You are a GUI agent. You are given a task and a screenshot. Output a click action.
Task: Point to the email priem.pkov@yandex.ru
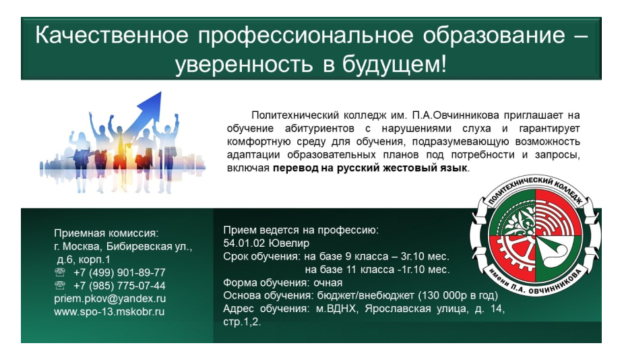tap(110, 298)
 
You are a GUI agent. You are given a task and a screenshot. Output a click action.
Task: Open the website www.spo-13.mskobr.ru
tap(109, 311)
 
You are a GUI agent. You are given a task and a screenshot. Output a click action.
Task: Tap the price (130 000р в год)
tap(458, 295)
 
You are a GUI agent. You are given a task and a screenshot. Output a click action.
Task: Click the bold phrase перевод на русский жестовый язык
tap(370, 168)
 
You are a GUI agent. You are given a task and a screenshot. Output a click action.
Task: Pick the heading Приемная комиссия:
tap(106, 233)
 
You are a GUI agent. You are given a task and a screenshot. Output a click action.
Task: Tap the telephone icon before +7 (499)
tap(60, 272)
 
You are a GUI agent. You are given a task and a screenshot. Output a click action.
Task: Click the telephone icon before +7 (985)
tap(60, 285)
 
